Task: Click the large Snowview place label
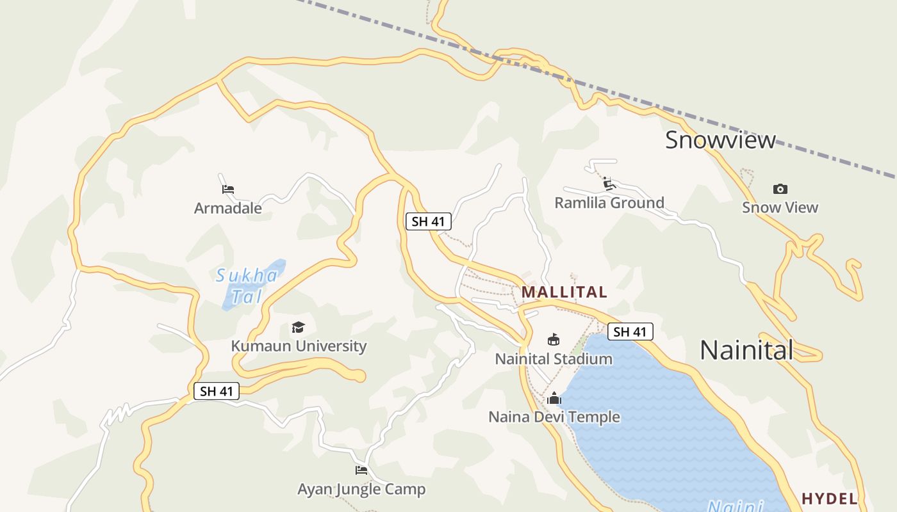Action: tap(720, 140)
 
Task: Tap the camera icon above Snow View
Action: tap(780, 189)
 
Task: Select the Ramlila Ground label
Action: tap(609, 203)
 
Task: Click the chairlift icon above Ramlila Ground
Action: tap(609, 184)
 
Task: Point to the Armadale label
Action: tap(228, 208)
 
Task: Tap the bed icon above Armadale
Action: tap(228, 189)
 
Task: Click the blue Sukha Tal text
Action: tap(247, 285)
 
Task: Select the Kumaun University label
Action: tap(299, 346)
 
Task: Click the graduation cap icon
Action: tap(299, 328)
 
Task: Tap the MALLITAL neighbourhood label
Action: tap(564, 292)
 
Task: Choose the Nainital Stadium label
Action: tap(554, 358)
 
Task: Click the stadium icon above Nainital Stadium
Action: tap(554, 340)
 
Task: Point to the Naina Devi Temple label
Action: tap(554, 417)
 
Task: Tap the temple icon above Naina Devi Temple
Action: tap(554, 399)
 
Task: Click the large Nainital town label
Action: tap(746, 350)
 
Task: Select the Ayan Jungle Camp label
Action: tap(361, 490)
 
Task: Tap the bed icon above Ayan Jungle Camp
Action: tap(361, 470)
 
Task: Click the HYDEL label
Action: tap(830, 499)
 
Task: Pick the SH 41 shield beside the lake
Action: tap(630, 332)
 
